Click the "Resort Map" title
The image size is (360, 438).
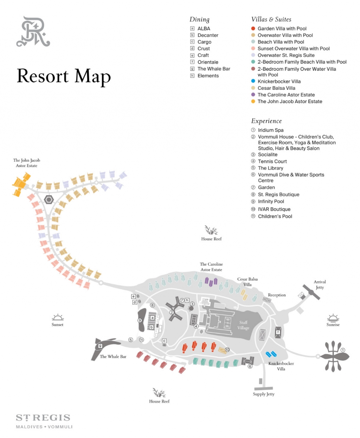pyautogui.click(x=64, y=76)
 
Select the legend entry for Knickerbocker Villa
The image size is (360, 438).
pyautogui.click(x=279, y=81)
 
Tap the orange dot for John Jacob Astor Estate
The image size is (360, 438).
pyautogui.click(x=253, y=101)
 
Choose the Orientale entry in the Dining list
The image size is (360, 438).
pyautogui.click(x=208, y=62)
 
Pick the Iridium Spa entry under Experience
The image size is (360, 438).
pyautogui.click(x=270, y=130)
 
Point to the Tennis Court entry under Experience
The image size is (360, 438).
pyautogui.click(x=272, y=161)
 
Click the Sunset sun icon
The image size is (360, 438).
pyautogui.click(x=58, y=318)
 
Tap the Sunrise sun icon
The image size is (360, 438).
pyautogui.click(x=333, y=318)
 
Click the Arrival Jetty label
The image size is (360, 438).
pyautogui.click(x=320, y=284)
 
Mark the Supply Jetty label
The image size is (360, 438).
pyautogui.click(x=264, y=394)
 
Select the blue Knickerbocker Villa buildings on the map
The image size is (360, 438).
pyautogui.click(x=271, y=354)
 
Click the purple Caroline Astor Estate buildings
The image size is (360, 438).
pyautogui.click(x=211, y=281)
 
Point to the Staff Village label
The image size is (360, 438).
pyautogui.click(x=243, y=325)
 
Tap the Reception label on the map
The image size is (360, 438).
pyautogui.click(x=277, y=295)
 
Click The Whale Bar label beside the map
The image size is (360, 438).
pyautogui.click(x=113, y=357)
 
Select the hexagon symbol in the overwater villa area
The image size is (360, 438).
pyautogui.click(x=49, y=200)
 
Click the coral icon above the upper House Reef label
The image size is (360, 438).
pyautogui.click(x=211, y=230)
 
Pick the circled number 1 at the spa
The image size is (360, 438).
pyautogui.click(x=342, y=350)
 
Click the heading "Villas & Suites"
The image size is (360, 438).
pyautogui.click(x=271, y=19)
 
